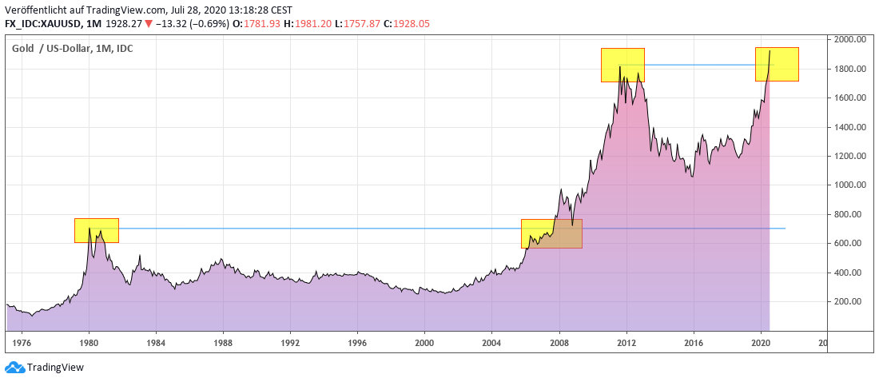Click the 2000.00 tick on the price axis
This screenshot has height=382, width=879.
(849, 39)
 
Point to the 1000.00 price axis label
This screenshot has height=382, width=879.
(849, 185)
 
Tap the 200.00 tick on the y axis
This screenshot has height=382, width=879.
(848, 301)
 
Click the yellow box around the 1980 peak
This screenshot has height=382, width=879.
(96, 230)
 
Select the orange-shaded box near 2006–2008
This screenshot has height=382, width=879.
(551, 233)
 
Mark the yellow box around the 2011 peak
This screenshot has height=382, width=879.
(622, 65)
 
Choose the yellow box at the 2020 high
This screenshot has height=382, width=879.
(777, 64)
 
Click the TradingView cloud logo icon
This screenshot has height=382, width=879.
(14, 367)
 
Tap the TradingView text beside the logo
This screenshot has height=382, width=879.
(55, 368)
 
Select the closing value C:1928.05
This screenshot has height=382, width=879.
(407, 24)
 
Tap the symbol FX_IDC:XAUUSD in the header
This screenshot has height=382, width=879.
(45, 24)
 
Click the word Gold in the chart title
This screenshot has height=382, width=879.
(22, 49)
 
